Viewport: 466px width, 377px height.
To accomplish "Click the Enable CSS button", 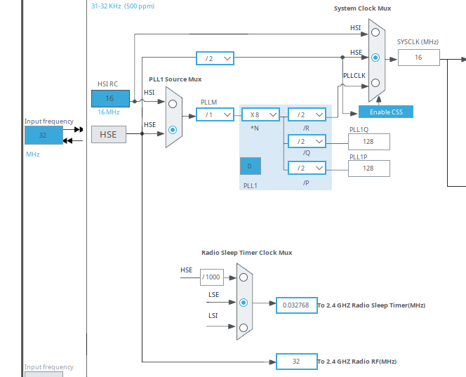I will click(x=386, y=112).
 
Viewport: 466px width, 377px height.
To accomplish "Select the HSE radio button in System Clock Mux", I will click(x=375, y=58).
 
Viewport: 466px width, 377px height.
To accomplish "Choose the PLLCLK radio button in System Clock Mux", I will click(x=375, y=82).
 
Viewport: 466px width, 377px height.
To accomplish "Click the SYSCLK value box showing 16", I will click(x=419, y=58).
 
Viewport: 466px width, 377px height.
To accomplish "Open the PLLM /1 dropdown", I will click(x=215, y=114).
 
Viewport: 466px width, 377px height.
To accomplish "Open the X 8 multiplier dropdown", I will click(x=260, y=114).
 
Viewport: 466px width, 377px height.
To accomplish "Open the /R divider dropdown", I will click(x=307, y=114).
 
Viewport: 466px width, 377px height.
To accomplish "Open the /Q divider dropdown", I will click(x=307, y=142).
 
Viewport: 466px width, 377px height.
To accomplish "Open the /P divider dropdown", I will click(x=307, y=168).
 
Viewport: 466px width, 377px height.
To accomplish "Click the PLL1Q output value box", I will click(x=368, y=142).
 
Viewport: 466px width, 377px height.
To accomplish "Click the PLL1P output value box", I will click(x=368, y=168).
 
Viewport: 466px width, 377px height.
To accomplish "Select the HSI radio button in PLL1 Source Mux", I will click(x=173, y=104).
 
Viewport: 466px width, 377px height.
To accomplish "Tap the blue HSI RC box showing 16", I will click(x=110, y=98).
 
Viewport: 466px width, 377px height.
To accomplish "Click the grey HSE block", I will click(x=109, y=134).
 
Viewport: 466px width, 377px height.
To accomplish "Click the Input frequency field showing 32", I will click(x=43, y=135).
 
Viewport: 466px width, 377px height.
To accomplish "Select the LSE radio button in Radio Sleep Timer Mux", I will click(x=244, y=303).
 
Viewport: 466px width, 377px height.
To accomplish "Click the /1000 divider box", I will click(x=211, y=277).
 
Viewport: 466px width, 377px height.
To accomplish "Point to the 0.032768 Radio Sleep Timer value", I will click(x=296, y=305).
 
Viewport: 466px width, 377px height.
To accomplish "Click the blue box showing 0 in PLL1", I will click(x=250, y=166).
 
